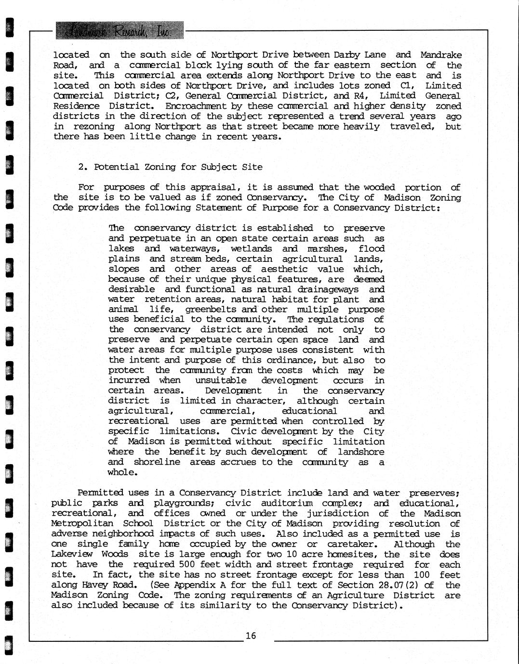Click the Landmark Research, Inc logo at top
pos(120,30)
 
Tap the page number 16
pos(251,636)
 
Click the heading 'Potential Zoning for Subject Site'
pos(170,167)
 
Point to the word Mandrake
pos(440,55)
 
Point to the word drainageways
pos(329,289)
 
